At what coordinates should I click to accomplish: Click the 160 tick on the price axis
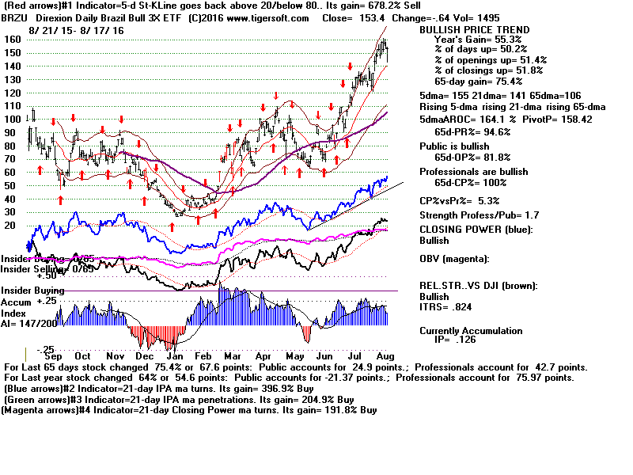point(11,39)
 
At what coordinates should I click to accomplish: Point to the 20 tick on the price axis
point(11,225)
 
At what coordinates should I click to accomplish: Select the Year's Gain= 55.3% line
point(475,39)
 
